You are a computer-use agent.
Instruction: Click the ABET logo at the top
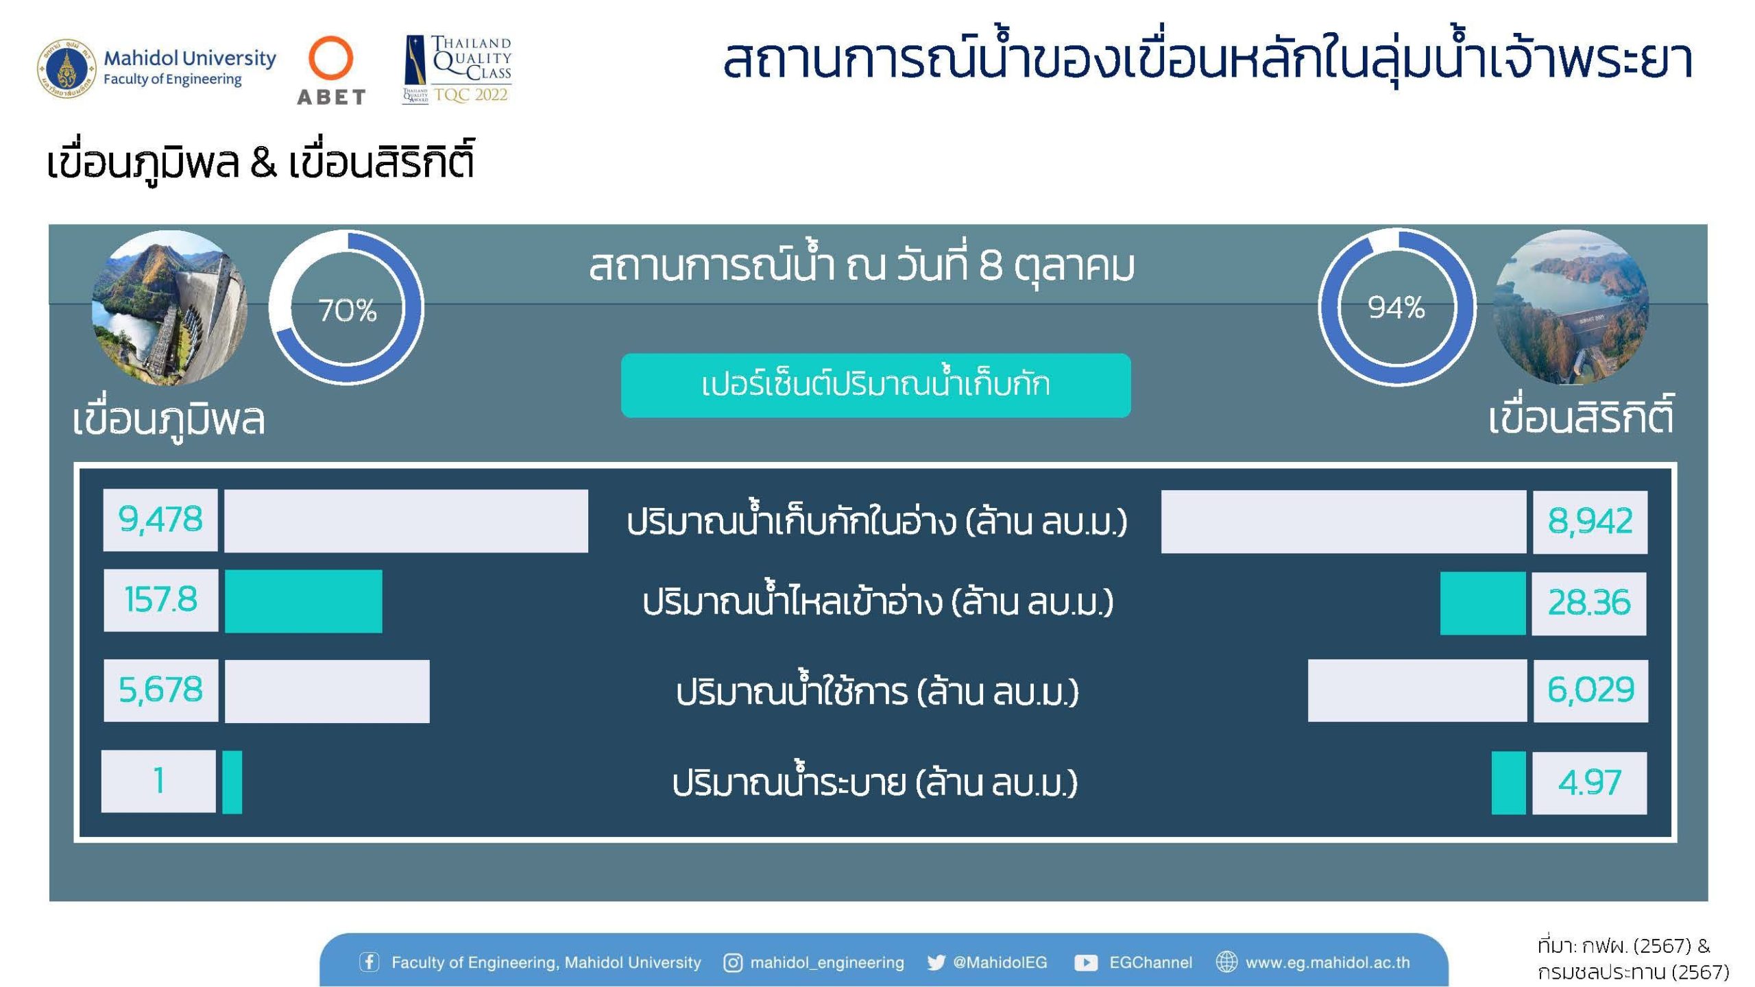coord(331,71)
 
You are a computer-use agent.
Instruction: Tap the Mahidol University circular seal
coord(66,69)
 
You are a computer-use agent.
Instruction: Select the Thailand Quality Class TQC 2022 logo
coord(457,69)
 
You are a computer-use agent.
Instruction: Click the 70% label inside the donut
coord(348,310)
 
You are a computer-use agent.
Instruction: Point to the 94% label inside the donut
coord(1396,308)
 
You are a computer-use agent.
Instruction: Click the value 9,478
coord(160,520)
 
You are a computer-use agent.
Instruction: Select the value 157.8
coord(161,600)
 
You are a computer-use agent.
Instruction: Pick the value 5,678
coord(160,690)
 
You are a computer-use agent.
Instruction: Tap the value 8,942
coord(1590,522)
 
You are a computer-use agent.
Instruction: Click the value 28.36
coord(1589,603)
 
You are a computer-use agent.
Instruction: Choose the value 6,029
coord(1590,690)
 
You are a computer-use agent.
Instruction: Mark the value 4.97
coord(1589,783)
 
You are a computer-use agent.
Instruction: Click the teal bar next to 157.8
coord(304,601)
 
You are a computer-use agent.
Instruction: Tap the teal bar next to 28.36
coord(1483,603)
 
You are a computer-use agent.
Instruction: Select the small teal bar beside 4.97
coord(1508,783)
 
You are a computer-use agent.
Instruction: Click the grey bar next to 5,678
coord(327,691)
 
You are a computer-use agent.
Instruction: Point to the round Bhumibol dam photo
coord(170,308)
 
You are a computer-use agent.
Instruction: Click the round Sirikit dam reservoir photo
coord(1571,308)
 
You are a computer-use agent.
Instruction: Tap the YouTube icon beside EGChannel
coord(1086,962)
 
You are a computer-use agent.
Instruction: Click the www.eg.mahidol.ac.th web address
coord(1327,962)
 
